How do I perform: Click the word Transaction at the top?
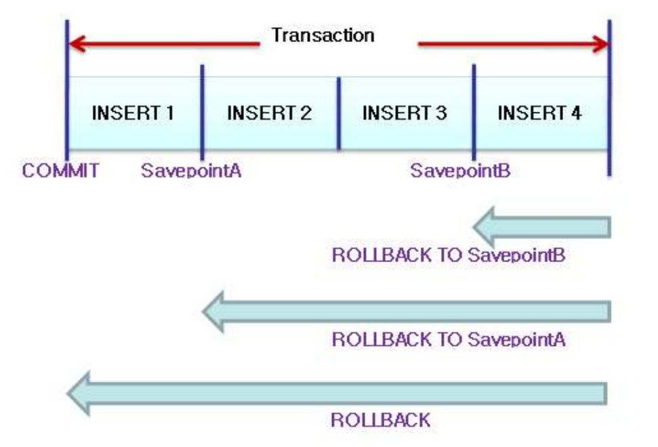pyautogui.click(x=323, y=35)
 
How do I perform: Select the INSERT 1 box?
pyautogui.click(x=133, y=112)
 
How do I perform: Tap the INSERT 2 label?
pyautogui.click(x=269, y=112)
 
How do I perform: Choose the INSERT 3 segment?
pyautogui.click(x=405, y=112)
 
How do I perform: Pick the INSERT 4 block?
pyautogui.click(x=539, y=112)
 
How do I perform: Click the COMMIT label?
pyautogui.click(x=60, y=170)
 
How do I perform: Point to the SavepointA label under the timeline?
pyautogui.click(x=191, y=170)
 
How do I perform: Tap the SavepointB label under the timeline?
pyautogui.click(x=460, y=170)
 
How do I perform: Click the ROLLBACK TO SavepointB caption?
pyautogui.click(x=449, y=256)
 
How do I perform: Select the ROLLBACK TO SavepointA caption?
pyautogui.click(x=449, y=339)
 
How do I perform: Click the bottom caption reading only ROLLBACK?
pyautogui.click(x=380, y=420)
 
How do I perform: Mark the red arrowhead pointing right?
pyautogui.click(x=599, y=45)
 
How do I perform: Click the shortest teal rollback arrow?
pyautogui.click(x=542, y=227)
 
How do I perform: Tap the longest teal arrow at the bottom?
pyautogui.click(x=339, y=393)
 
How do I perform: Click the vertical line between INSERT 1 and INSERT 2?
pyautogui.click(x=202, y=112)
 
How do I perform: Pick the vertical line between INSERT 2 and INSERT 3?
pyautogui.click(x=338, y=112)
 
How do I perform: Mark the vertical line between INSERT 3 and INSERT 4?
pyautogui.click(x=473, y=112)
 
